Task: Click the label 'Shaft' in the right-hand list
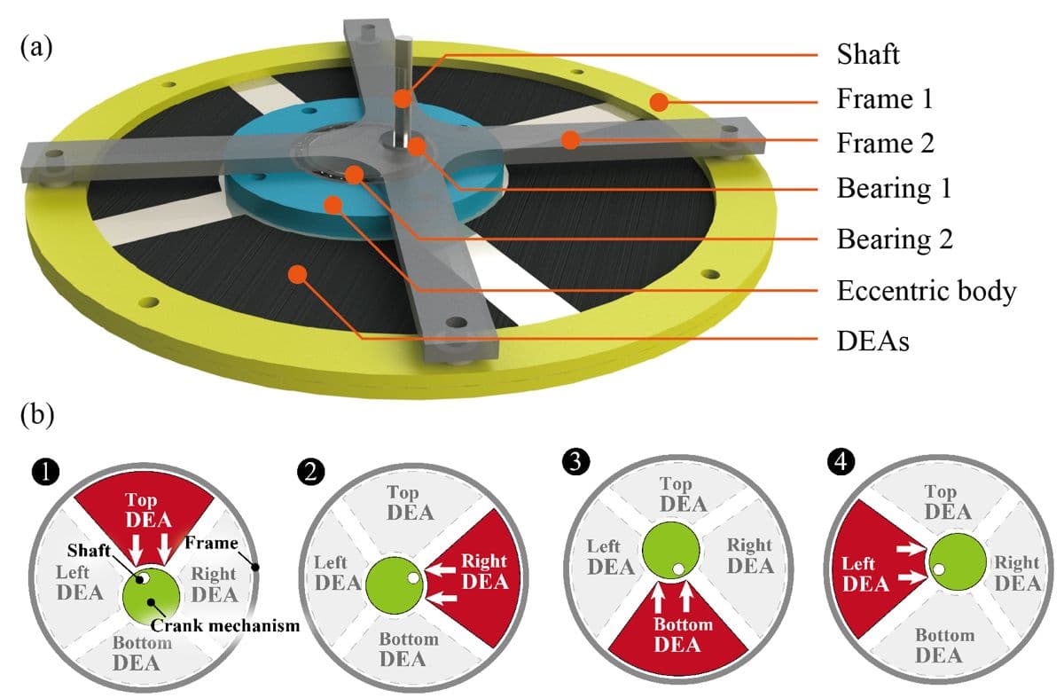[x=868, y=54]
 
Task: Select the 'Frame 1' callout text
[x=884, y=99]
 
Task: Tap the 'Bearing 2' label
[x=894, y=239]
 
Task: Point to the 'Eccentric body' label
[x=926, y=290]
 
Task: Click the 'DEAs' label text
[x=872, y=340]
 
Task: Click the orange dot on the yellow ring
[x=658, y=103]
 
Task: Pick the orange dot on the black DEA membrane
[x=298, y=274]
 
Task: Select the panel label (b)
[x=36, y=414]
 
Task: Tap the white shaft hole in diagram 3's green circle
[x=678, y=568]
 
